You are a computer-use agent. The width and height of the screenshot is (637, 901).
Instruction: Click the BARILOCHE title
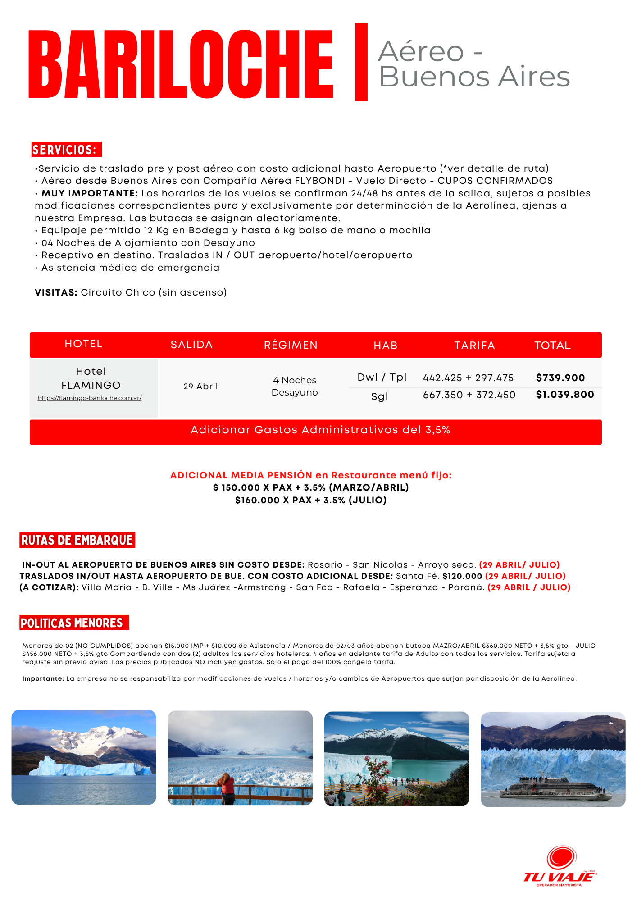(180, 64)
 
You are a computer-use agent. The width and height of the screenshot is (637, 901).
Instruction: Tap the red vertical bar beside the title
(361, 62)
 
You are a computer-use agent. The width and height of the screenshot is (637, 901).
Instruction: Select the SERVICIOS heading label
(66, 150)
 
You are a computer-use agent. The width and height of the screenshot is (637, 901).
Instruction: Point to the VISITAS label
(56, 292)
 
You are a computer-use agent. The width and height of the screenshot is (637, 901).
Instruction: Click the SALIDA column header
(191, 345)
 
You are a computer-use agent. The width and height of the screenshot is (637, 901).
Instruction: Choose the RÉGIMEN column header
(291, 345)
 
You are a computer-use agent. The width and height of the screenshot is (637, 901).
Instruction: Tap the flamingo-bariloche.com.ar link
(90, 398)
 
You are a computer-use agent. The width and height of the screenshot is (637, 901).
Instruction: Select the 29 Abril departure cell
(200, 386)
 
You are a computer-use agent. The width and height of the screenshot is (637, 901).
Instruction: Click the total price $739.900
(560, 378)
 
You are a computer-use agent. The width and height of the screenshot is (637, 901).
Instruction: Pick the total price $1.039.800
(565, 395)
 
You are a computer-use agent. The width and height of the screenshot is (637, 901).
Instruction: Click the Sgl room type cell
(379, 396)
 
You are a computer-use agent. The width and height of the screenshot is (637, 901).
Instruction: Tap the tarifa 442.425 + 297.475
(468, 378)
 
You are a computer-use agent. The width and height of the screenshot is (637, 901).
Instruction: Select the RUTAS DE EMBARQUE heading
(77, 540)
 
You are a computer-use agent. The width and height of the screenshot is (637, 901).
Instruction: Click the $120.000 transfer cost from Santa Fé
(462, 576)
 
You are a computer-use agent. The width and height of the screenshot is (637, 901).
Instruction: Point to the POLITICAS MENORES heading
(72, 623)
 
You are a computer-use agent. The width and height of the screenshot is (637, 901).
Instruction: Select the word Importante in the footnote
(43, 679)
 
